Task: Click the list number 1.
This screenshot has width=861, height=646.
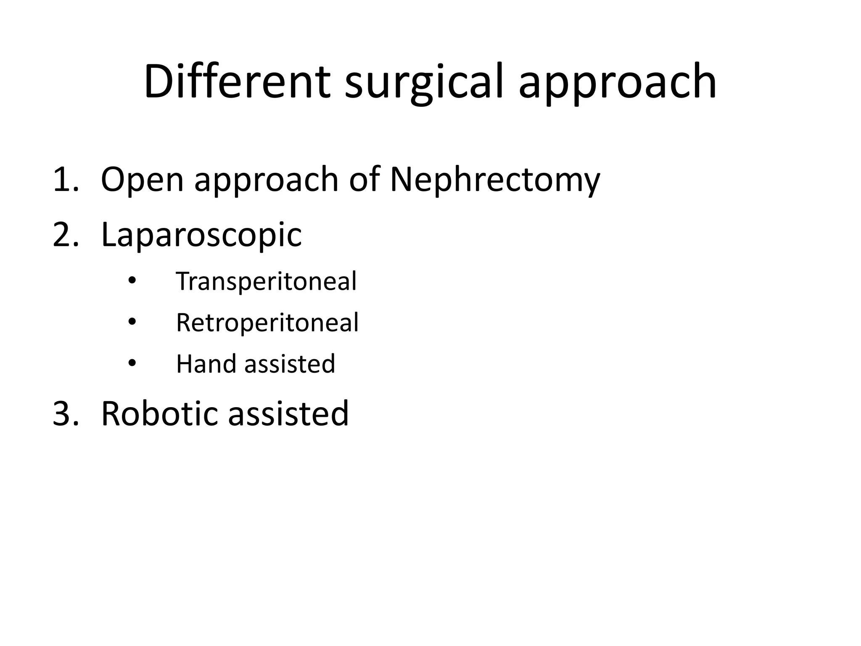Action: click(66, 180)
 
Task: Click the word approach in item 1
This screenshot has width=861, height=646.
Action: click(266, 181)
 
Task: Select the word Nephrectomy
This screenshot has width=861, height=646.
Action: click(495, 181)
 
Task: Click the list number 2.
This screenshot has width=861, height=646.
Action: click(66, 235)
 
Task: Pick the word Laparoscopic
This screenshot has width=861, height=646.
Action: click(201, 236)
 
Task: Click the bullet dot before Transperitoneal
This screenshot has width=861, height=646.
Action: click(132, 281)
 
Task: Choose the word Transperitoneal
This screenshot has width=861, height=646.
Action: click(266, 281)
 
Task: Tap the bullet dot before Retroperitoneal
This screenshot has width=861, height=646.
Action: click(132, 322)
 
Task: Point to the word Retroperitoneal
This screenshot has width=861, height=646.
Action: click(267, 323)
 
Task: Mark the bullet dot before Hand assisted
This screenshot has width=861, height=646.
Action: click(132, 363)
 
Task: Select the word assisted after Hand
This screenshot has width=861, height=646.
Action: click(290, 364)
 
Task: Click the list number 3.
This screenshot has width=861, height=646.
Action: click(66, 413)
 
